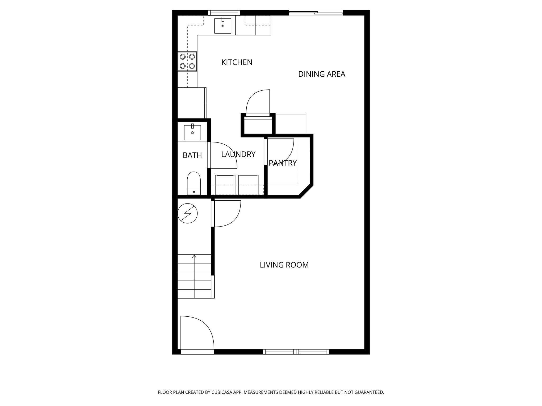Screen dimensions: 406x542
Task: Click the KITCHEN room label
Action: (x=237, y=62)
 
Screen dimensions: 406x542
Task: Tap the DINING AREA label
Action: (x=322, y=74)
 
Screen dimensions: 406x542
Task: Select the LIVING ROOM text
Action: (x=284, y=265)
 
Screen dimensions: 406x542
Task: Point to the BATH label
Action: (x=192, y=155)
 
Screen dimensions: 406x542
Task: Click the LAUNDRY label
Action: (x=238, y=154)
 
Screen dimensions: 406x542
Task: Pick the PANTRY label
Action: (x=283, y=163)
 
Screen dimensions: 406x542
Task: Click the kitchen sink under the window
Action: (x=223, y=26)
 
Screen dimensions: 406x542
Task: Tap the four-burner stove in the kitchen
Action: (x=187, y=61)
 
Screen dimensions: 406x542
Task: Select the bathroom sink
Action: (x=192, y=132)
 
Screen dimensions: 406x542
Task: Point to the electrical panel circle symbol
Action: (x=187, y=213)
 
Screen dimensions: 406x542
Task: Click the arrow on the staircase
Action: (x=194, y=256)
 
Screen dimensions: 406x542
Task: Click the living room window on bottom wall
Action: (x=296, y=352)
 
